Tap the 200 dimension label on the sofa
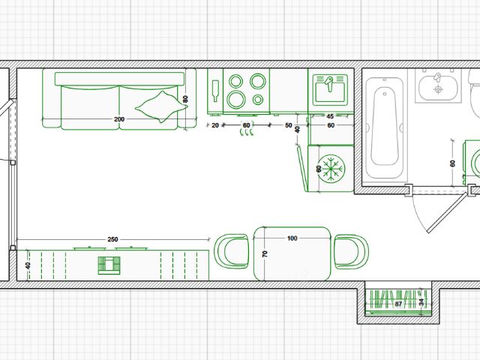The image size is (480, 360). point(119,119)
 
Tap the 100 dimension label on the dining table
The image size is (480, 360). point(292,238)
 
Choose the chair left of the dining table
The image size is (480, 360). point(232,251)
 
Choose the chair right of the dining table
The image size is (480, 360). point(350,251)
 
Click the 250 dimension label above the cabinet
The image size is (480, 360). point(112,239)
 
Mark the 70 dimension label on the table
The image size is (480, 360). point(264,255)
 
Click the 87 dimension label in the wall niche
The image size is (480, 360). point(399,305)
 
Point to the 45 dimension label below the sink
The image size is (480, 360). point(330,116)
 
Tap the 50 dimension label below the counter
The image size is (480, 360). point(289,125)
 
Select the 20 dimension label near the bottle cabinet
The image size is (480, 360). point(215,125)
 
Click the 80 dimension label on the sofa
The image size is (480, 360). point(185,98)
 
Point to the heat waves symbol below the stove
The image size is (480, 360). point(246,134)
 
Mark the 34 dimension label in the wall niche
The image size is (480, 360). point(421,302)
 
